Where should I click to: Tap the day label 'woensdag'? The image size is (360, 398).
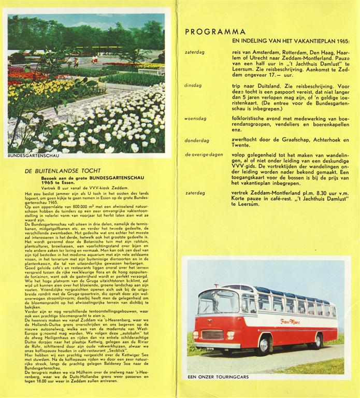195,119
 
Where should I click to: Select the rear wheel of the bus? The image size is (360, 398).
318,340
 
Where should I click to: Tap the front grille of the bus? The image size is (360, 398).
212,335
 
